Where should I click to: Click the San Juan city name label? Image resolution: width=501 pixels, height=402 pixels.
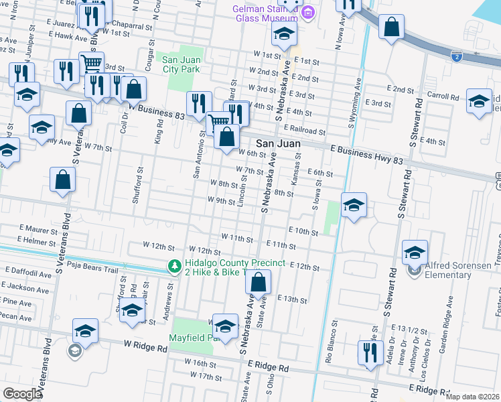click(x=278, y=144)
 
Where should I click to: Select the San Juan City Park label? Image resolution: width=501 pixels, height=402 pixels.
click(x=182, y=64)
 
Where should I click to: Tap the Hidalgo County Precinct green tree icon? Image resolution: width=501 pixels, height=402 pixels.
click(x=174, y=267)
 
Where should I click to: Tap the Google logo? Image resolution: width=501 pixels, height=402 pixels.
click(x=21, y=394)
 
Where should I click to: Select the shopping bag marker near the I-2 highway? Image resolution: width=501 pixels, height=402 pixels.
click(x=391, y=27)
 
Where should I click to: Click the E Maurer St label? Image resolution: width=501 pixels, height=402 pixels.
click(x=40, y=228)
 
